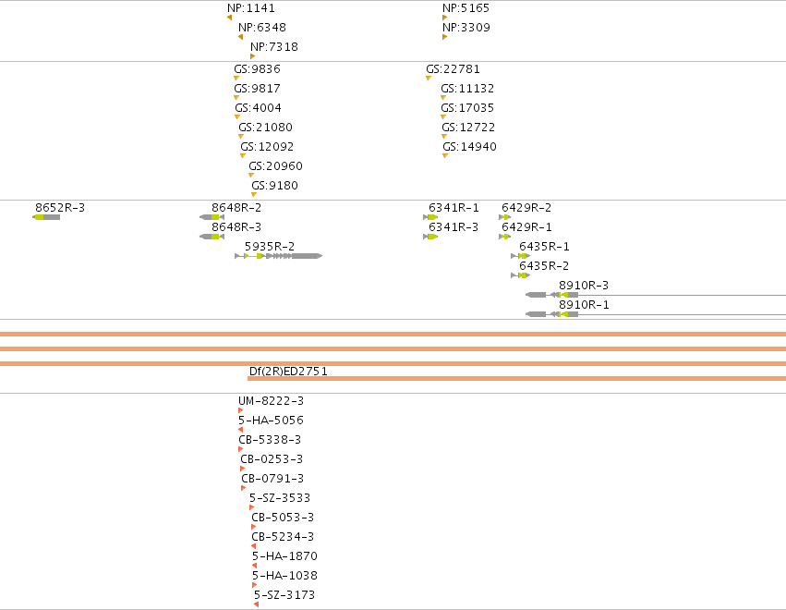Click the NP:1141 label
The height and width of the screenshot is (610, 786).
click(x=251, y=8)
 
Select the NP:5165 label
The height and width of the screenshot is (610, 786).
click(x=466, y=8)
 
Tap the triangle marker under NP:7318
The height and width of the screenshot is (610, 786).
click(x=253, y=56)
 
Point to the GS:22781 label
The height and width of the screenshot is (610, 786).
click(x=453, y=68)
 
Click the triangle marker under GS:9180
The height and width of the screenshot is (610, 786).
click(x=254, y=195)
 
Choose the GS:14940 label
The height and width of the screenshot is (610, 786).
click(x=470, y=146)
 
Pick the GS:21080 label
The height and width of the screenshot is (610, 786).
click(x=266, y=127)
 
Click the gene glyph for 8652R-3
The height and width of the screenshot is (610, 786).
click(x=46, y=217)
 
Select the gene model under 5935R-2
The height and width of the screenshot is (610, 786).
click(x=278, y=256)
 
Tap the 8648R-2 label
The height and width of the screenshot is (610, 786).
click(x=236, y=208)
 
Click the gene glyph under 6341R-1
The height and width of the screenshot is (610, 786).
click(x=430, y=217)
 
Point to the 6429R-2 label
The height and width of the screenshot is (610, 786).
click(x=526, y=208)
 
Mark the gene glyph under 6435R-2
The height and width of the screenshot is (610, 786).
click(x=520, y=275)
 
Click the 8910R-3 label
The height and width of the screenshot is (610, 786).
click(x=584, y=286)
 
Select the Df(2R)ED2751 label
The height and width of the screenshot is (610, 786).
click(x=288, y=372)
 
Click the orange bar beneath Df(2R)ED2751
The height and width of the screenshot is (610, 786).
click(x=517, y=378)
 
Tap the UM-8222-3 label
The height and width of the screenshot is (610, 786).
click(x=272, y=401)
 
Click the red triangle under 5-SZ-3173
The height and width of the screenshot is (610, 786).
click(x=256, y=604)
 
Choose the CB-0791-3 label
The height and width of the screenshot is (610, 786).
click(x=272, y=479)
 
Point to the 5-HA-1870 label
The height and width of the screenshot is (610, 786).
click(x=284, y=555)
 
